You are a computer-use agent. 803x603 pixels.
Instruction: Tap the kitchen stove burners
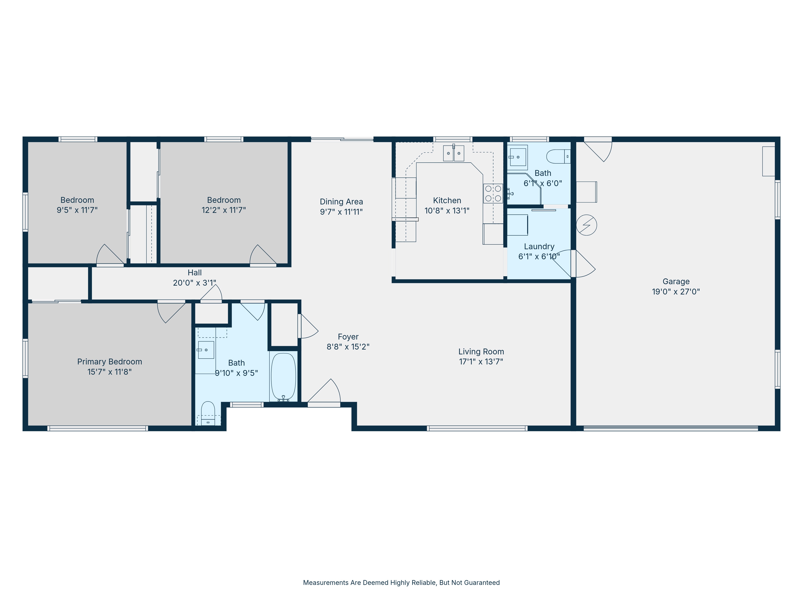click(493, 193)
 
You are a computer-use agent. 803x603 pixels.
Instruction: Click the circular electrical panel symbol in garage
click(586, 225)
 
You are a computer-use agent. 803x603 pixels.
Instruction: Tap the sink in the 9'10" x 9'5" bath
click(206, 350)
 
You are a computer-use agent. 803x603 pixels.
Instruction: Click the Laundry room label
click(539, 246)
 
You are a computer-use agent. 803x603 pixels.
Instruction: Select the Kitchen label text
click(447, 201)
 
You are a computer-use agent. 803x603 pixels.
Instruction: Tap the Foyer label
click(348, 337)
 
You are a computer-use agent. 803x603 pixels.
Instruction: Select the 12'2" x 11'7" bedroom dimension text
click(224, 210)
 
